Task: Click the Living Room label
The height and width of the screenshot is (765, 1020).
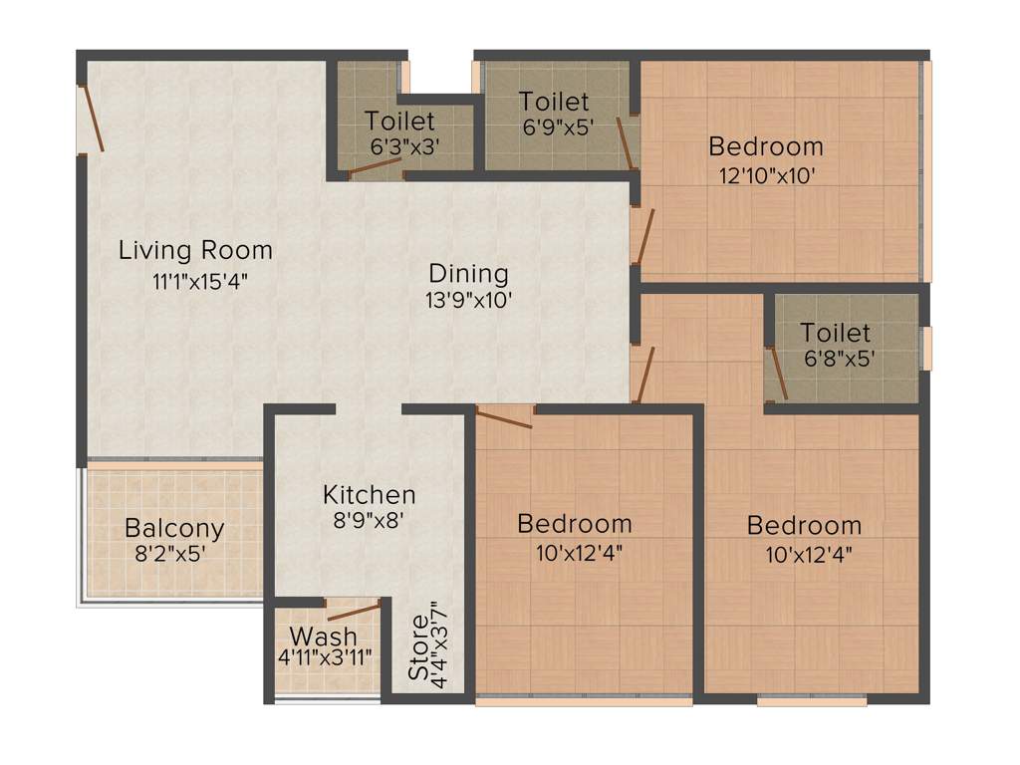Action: point(195,249)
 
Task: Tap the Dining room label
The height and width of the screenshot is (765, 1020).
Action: point(468,273)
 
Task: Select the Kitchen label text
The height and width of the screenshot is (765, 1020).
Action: point(369,494)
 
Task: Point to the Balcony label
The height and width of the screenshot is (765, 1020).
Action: point(174,528)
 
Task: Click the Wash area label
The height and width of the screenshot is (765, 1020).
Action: point(323,636)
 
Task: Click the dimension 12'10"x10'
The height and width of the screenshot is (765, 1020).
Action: point(767,175)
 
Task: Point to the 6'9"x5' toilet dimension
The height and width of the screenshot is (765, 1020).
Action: point(556,127)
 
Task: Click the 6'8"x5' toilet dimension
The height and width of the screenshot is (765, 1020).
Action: point(837,359)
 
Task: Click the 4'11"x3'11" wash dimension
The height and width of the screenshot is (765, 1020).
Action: point(325,657)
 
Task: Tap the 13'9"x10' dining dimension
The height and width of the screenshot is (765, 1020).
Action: point(470,301)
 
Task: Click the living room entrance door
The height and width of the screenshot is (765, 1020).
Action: point(92,119)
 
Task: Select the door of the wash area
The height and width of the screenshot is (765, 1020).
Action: point(354,611)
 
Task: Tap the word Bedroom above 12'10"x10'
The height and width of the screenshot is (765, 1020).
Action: point(766,146)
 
